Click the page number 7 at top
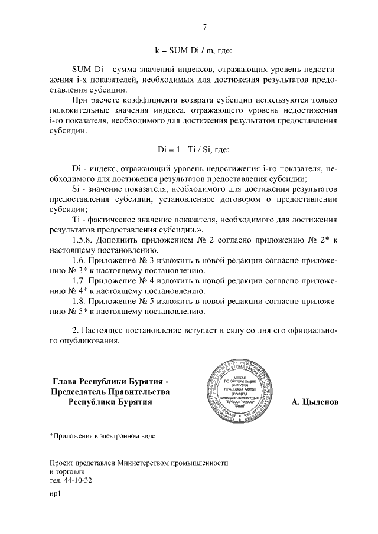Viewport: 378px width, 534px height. click(204, 27)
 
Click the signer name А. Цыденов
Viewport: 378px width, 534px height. click(315, 402)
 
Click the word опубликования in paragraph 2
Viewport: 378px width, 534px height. click(89, 341)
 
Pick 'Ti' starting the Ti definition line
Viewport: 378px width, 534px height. click(76, 220)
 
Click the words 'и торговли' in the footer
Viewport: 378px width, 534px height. click(68, 472)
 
